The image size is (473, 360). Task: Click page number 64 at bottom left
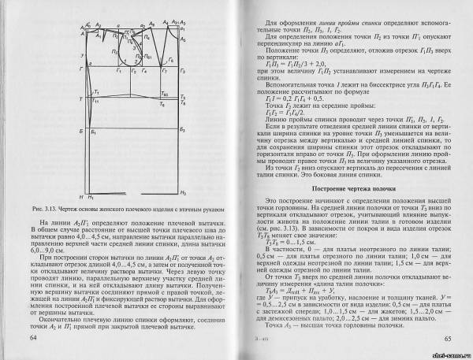click(x=32, y=338)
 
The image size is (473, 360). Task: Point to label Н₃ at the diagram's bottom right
click(x=183, y=194)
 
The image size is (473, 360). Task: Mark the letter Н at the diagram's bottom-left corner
click(x=81, y=194)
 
